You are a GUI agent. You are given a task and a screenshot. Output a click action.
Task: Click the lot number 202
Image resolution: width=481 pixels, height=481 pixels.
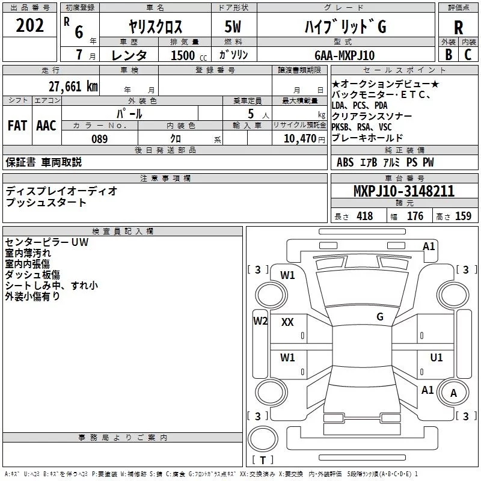29,25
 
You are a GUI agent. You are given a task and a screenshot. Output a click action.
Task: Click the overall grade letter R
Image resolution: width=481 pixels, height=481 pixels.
458,28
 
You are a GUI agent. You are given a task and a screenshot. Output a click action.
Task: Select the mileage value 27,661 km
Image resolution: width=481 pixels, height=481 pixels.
73,87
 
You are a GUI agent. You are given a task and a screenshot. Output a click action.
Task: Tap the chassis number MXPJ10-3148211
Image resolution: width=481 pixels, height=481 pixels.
404,191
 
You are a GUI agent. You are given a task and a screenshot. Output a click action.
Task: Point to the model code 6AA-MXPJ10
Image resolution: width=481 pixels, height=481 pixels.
345,55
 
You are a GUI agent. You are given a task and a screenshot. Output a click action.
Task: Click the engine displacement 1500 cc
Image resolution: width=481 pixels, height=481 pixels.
189,55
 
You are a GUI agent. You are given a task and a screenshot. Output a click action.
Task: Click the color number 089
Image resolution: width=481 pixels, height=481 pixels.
100,139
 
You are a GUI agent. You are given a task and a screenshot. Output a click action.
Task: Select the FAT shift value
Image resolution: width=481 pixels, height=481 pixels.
17,126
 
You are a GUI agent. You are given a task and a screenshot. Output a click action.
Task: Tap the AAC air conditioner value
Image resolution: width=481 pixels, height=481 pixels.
46,126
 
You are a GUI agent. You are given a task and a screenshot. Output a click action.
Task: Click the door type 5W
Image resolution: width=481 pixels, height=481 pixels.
233,26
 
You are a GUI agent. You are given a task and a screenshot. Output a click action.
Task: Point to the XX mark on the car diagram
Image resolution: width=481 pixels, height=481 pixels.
287,322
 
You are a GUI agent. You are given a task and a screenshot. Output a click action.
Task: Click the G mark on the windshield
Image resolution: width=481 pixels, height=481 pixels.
380,316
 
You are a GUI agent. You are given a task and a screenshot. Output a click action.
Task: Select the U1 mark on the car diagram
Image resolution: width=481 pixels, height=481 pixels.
437,357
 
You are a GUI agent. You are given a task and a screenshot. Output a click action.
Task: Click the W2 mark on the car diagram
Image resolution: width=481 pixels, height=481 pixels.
260,321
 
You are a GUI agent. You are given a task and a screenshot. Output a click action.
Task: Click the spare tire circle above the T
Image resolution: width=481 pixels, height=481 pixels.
263,425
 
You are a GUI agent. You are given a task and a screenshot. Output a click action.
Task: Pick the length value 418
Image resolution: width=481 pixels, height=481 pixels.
365,216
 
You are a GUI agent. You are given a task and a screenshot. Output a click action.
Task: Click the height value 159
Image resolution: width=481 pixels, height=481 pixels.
463,216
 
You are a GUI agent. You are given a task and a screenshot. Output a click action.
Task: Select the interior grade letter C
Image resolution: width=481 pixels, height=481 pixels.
468,55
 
